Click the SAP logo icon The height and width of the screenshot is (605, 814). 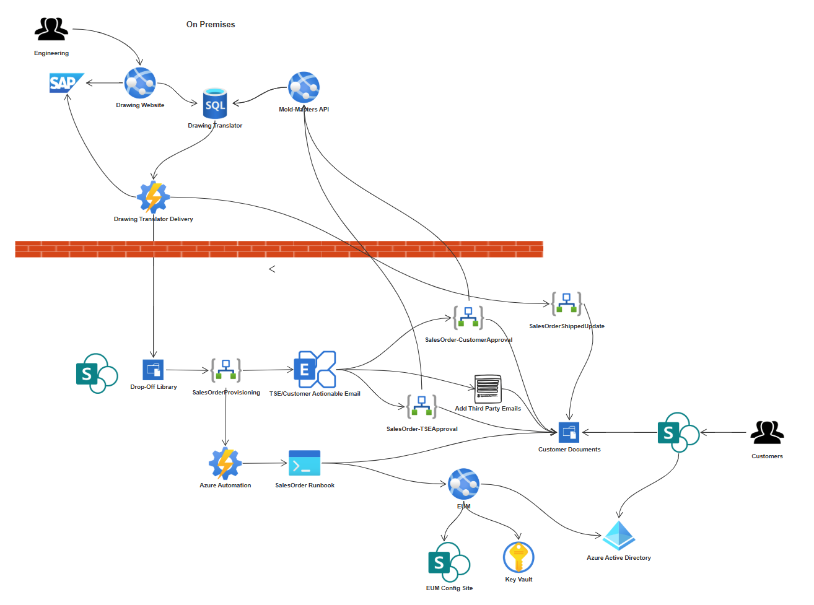66,83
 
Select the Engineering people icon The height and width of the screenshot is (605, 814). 51,30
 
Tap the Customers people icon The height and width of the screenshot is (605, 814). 767,433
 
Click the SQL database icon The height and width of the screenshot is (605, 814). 215,103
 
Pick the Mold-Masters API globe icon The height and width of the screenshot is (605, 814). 304,87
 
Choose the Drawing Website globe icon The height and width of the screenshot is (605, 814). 140,83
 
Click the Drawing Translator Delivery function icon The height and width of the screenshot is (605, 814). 153,197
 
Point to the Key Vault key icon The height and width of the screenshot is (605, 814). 519,557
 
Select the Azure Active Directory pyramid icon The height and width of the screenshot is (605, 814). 619,536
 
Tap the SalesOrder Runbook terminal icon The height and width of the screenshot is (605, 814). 305,463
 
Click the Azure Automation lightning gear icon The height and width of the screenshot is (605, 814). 225,463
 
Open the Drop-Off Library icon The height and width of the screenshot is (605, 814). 153,370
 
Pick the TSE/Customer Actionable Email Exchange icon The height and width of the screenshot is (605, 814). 315,370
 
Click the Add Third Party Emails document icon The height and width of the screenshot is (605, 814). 488,389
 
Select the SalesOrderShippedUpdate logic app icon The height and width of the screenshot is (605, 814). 566,304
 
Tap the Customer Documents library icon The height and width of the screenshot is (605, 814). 569,432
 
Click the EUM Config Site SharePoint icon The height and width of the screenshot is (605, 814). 449,562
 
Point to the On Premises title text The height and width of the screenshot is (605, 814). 211,25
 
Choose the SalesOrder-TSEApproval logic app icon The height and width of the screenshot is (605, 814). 421,406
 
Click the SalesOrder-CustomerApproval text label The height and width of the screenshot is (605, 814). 468,340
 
